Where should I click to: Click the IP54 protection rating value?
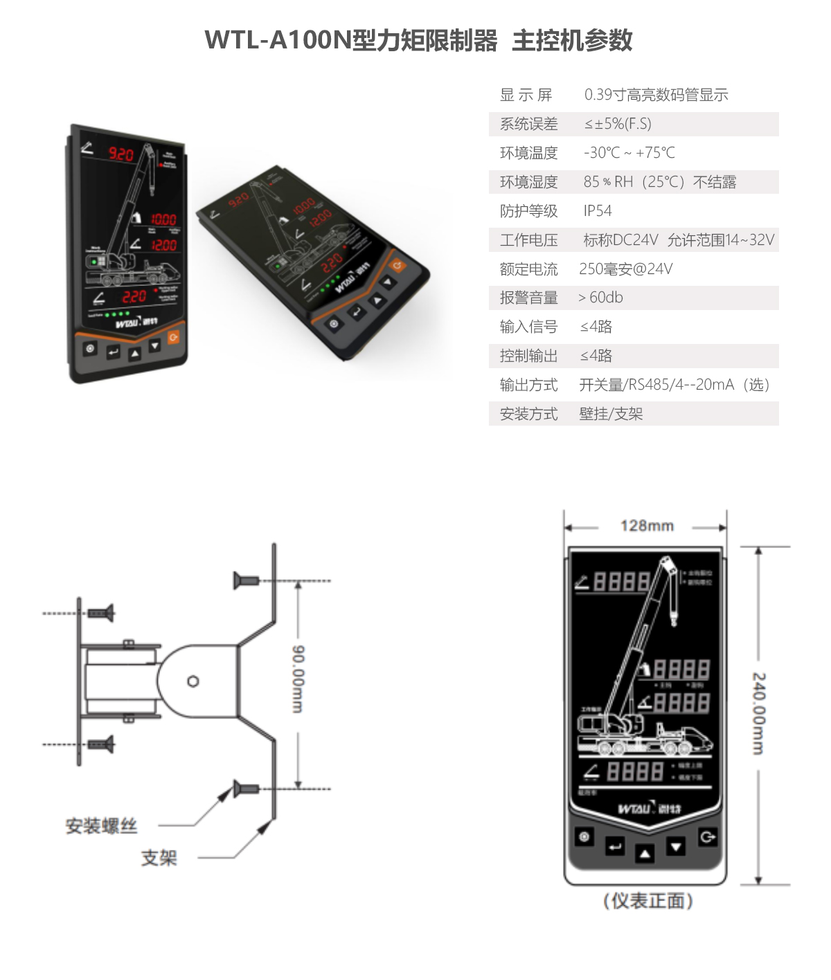(598, 211)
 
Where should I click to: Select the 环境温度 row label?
(528, 153)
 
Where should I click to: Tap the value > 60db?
(601, 298)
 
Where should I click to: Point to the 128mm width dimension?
(647, 526)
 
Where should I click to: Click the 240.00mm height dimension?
(759, 713)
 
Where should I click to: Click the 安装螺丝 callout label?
(101, 826)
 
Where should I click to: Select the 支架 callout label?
(159, 858)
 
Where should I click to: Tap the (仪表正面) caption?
(647, 900)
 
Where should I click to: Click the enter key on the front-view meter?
(615, 846)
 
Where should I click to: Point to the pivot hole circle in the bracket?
(193, 682)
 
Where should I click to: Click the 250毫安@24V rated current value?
(626, 269)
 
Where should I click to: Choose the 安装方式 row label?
(528, 414)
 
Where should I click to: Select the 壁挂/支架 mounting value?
(611, 414)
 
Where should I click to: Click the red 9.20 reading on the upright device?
(120, 154)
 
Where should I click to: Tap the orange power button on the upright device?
(173, 337)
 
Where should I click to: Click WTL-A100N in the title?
(278, 40)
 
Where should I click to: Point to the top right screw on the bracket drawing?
(246, 581)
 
